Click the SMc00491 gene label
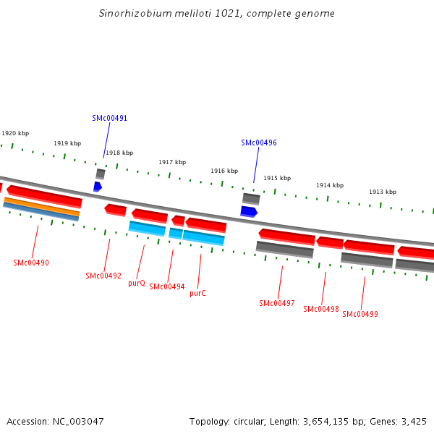[109, 118]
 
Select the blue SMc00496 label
[259, 142]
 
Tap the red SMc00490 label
[31, 263]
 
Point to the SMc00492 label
[103, 276]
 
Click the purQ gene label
[137, 283]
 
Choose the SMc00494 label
[167, 286]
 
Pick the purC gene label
[197, 293]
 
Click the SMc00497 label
[277, 303]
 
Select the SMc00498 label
[321, 309]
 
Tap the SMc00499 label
[360, 314]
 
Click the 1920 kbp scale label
[15, 133]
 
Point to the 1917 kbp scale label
[172, 162]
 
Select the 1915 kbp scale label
[277, 178]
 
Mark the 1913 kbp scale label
[383, 192]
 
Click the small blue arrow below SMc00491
[98, 187]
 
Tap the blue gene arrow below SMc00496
[249, 211]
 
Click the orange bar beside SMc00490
[41, 206]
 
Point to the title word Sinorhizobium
[132, 14]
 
